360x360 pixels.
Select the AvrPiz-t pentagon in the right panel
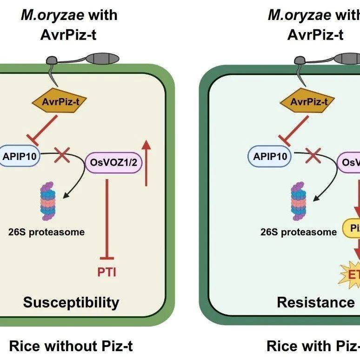[309, 101]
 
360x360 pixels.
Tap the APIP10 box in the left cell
[20, 156]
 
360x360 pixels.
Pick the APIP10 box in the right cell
[272, 156]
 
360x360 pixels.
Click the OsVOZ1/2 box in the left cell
[113, 164]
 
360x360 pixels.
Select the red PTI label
[107, 271]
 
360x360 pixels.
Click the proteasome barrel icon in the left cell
[45, 201]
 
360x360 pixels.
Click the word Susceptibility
[71, 303]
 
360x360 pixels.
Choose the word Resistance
[315, 303]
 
